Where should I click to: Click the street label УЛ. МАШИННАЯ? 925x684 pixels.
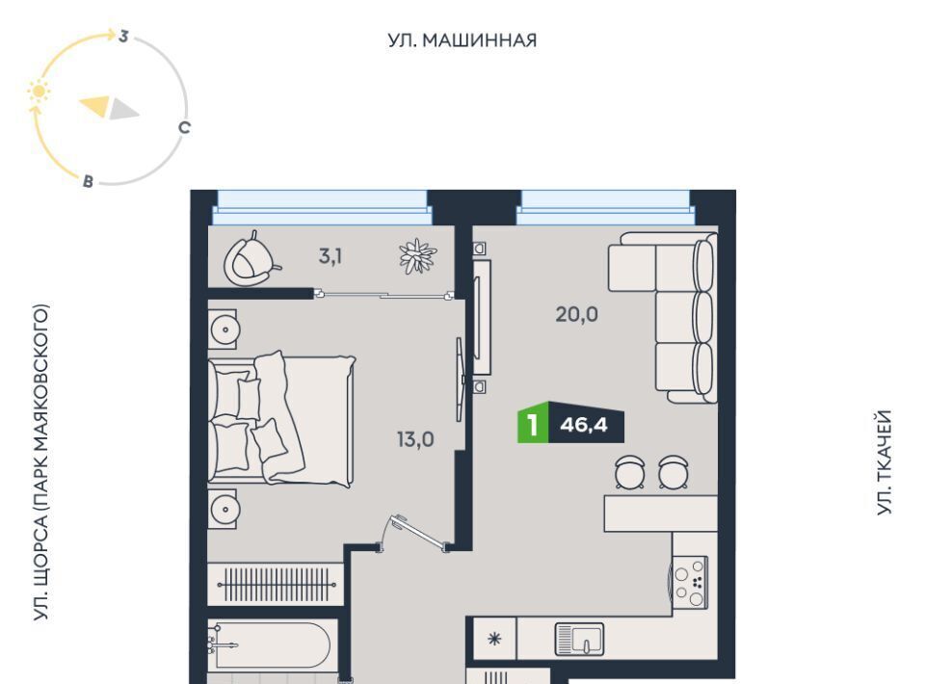coord(462,40)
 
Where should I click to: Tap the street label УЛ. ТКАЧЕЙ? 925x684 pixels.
coord(884,462)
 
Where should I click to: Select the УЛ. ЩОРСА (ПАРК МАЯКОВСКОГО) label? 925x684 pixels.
coord(40,462)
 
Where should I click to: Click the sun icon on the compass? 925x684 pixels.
coord(39,92)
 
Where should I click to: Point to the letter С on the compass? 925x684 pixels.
coord(184,127)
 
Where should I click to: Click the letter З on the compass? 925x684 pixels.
coord(123,36)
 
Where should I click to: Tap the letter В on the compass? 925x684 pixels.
coord(88,181)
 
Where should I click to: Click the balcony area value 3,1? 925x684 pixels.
coord(330,256)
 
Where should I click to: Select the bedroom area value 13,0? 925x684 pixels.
coord(415,439)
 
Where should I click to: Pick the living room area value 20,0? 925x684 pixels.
coord(576,314)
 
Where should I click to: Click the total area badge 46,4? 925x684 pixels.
coord(584,424)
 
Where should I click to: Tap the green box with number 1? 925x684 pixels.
coord(533,425)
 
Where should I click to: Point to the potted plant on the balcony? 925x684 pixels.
coord(417,256)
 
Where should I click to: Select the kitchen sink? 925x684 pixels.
coord(579,639)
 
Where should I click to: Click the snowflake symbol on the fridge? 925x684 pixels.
coord(494,639)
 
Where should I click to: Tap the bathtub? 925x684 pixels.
coord(270,644)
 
